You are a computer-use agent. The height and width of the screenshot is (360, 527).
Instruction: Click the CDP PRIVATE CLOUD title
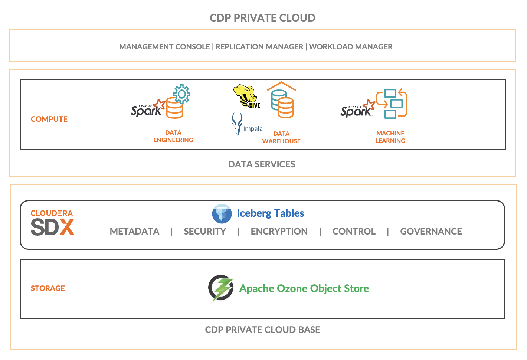(262, 18)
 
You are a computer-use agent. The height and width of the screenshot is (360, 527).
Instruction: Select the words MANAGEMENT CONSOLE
(164, 47)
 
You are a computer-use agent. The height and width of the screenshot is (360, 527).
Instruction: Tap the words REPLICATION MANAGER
(259, 47)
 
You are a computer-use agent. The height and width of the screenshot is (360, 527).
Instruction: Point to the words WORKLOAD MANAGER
(351, 47)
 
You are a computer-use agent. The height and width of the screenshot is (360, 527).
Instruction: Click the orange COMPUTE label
(49, 119)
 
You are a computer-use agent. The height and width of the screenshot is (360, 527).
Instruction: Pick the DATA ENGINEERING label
(173, 136)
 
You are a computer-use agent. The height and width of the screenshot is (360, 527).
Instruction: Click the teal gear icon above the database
(182, 94)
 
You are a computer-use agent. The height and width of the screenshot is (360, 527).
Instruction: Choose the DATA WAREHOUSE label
(281, 137)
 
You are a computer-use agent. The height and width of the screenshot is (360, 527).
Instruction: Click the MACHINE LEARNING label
(390, 137)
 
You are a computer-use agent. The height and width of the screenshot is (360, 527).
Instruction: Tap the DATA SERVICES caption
(262, 164)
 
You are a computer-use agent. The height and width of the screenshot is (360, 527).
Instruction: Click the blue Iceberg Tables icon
(222, 214)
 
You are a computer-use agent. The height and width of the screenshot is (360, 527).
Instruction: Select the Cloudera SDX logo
(52, 223)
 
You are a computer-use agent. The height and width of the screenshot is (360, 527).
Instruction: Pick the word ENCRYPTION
(279, 232)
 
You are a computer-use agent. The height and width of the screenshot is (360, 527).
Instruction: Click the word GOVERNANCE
(431, 232)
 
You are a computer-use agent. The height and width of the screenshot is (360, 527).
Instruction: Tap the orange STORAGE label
(48, 288)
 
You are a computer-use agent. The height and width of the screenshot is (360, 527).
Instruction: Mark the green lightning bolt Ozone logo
(221, 288)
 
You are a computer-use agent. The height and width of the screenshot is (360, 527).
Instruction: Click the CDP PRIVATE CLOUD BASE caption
(262, 330)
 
